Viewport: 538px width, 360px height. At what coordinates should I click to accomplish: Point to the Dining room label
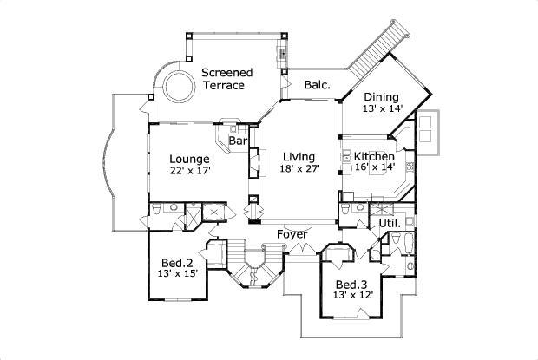[x=381, y=96]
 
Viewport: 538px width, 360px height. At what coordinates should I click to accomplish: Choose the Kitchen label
[x=374, y=157]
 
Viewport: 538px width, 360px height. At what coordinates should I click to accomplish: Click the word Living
[x=299, y=157]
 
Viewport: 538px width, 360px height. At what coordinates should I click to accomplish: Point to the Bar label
[x=238, y=141]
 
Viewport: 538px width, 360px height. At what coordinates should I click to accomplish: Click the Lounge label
[x=189, y=159]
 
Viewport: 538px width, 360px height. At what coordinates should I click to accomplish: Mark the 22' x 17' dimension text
[x=189, y=171]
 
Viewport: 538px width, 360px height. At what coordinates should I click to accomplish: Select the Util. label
[x=390, y=224]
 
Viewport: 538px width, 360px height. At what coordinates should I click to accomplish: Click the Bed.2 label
[x=177, y=261]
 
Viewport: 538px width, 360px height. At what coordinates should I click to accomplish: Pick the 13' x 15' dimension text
[x=177, y=273]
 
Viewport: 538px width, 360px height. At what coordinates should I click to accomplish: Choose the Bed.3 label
[x=352, y=284]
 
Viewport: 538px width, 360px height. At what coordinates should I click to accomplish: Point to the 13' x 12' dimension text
[x=352, y=296]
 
